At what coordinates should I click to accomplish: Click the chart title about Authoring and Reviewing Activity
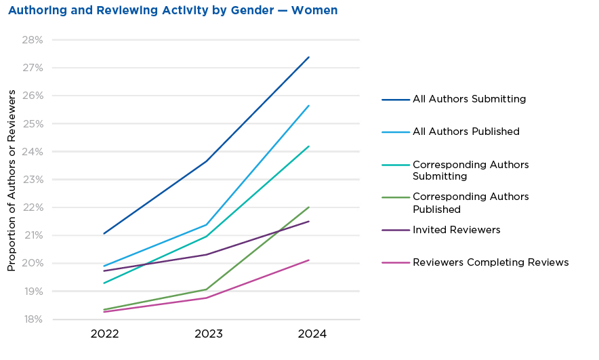tap(173, 11)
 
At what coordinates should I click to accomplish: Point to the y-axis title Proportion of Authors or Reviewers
tap(12, 180)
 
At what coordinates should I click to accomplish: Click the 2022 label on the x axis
tap(104, 334)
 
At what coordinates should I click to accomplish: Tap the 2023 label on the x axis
tap(208, 334)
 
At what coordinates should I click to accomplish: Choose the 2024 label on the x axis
tap(312, 334)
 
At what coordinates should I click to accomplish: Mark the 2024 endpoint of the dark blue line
tap(309, 57)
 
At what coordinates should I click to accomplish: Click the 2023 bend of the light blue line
tap(207, 224)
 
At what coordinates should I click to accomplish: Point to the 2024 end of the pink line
tap(309, 260)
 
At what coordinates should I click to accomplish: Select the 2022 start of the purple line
tap(103, 271)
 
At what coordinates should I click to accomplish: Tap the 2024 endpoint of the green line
tap(309, 207)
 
